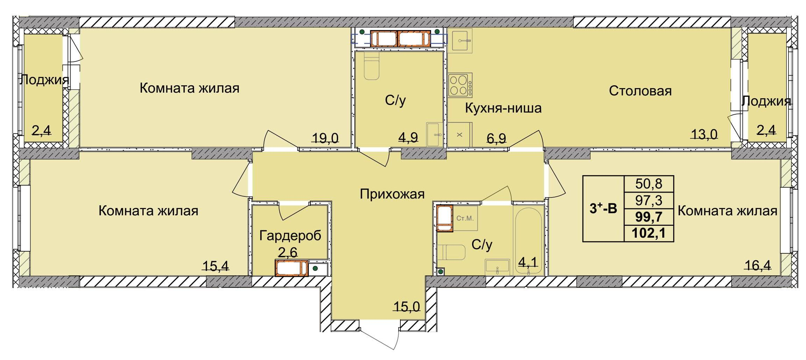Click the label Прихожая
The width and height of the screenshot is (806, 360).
click(392, 194)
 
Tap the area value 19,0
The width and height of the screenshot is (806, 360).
click(325, 138)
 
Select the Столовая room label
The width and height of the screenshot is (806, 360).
click(640, 91)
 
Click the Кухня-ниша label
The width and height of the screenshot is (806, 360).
click(503, 108)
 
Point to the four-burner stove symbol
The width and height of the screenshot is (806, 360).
click(460, 85)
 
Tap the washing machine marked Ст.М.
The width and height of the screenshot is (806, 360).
click(465, 218)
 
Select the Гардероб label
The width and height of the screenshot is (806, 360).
click(290, 236)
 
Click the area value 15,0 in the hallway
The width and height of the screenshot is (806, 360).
click(406, 307)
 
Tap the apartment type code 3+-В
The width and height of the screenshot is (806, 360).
click(603, 209)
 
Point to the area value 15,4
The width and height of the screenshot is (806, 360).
click(216, 266)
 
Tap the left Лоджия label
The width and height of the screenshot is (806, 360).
click(44, 80)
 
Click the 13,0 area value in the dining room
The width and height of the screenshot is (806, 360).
click(704, 134)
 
